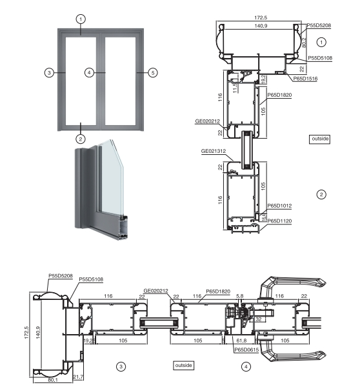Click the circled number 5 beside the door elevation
pyautogui.click(x=152, y=72)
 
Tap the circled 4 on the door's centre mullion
pyautogui.click(x=90, y=72)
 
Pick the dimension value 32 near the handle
pyautogui.click(x=258, y=318)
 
